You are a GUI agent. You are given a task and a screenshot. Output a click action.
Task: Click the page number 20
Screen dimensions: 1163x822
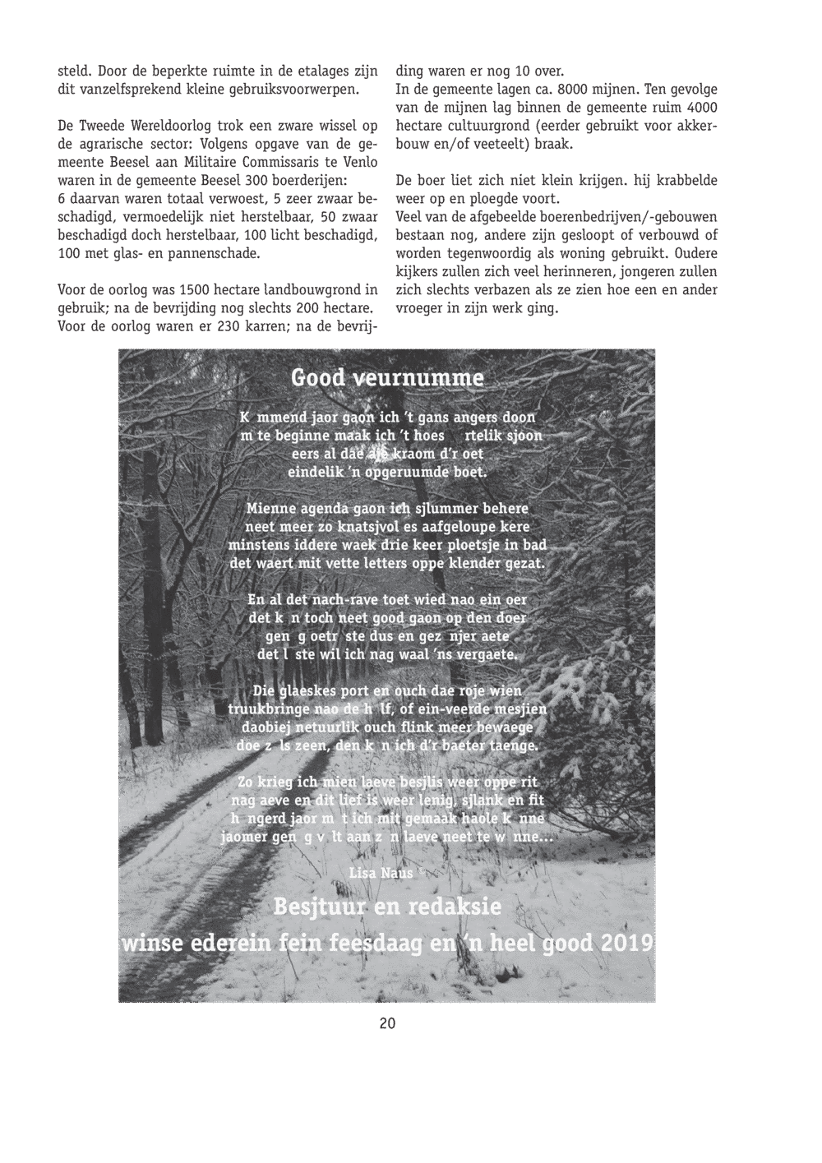pyautogui.click(x=387, y=1023)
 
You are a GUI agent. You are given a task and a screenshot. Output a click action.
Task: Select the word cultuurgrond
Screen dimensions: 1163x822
pyautogui.click(x=493, y=126)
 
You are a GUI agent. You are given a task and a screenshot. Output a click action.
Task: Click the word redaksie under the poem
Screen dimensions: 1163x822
pyautogui.click(x=453, y=908)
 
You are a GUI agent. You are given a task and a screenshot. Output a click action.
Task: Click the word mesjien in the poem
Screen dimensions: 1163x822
pyautogui.click(x=521, y=708)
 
